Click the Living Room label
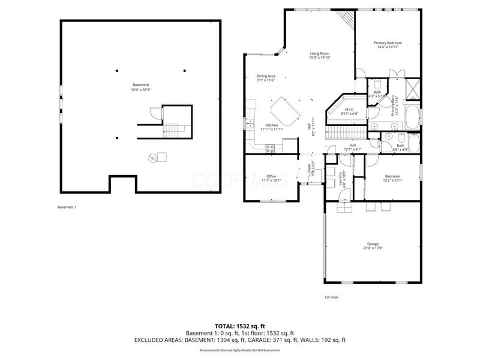[319, 53]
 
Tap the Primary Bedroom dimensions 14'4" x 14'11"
[387, 47]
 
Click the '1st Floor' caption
[332, 297]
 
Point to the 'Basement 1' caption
[67, 207]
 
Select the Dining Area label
[266, 76]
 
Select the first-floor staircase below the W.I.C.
[346, 131]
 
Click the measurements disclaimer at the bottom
[240, 350]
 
